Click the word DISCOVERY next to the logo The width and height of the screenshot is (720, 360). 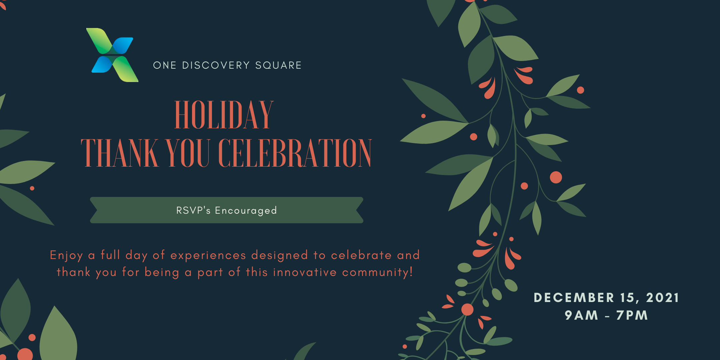(x=216, y=65)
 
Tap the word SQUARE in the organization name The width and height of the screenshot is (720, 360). (x=278, y=65)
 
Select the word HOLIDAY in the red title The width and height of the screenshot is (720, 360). (x=224, y=115)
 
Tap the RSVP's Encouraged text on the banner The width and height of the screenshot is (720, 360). (x=227, y=211)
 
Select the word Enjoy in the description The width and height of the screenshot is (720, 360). (x=66, y=256)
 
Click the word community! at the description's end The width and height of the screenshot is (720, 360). (x=378, y=273)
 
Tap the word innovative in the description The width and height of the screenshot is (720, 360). (x=305, y=272)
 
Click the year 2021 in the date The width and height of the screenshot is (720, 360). (x=663, y=298)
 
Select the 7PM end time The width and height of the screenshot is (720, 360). (x=632, y=315)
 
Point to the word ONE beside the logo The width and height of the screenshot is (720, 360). (x=165, y=65)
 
